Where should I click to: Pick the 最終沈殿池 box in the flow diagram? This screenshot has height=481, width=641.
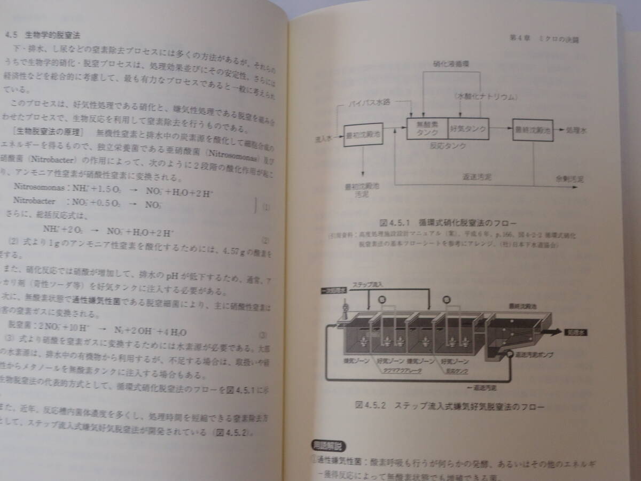click(532, 130)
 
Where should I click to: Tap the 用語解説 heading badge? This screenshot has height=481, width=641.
click(328, 445)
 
